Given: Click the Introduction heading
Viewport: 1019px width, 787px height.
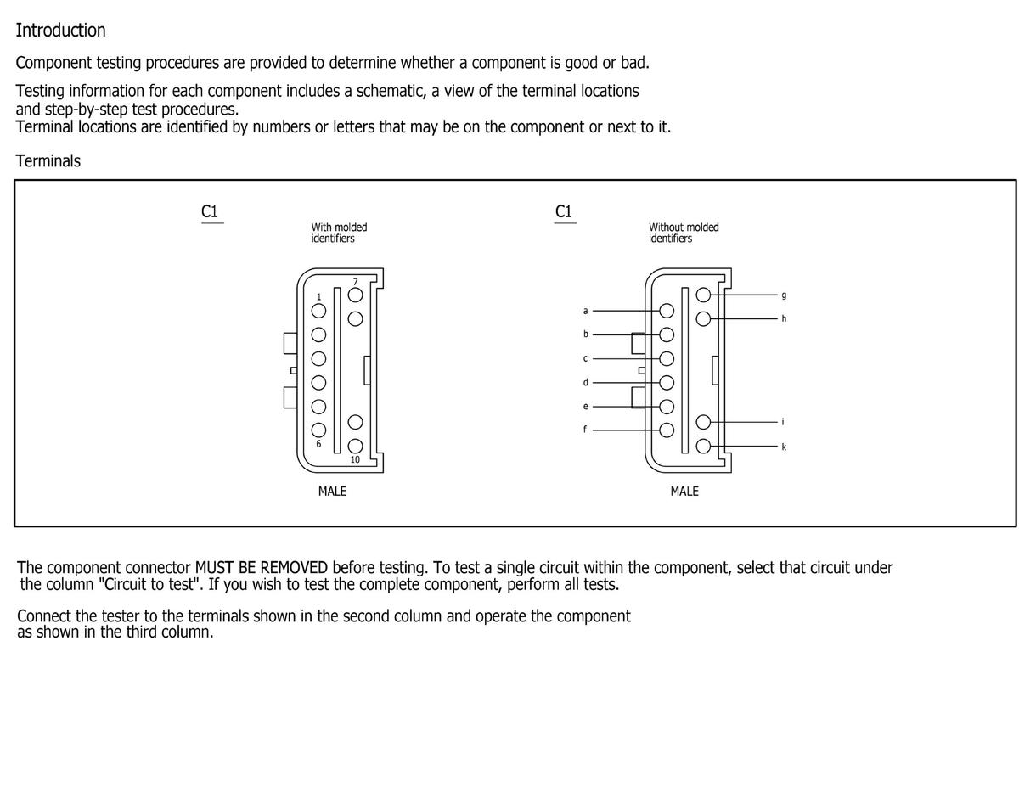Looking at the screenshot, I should tap(60, 31).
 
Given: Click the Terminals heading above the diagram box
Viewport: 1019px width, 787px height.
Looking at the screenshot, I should tap(48, 160).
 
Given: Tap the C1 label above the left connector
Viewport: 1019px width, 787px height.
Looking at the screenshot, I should tap(211, 211).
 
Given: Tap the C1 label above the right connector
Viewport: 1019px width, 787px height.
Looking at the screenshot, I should tap(564, 211).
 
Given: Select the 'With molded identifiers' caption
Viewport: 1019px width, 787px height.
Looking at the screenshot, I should tap(339, 233).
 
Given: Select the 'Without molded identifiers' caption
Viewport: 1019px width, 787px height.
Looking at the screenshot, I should tap(683, 233).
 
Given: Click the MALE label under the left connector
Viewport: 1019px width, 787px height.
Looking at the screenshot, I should tap(332, 491).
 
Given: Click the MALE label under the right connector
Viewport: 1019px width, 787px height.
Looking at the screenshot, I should tap(684, 491).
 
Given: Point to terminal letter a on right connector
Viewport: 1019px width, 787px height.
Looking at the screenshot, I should tap(584, 310).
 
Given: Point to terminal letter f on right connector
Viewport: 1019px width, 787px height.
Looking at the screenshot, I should tap(584, 430).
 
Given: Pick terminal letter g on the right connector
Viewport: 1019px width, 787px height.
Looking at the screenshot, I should tap(784, 295).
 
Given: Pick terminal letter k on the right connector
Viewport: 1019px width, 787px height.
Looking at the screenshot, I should tap(784, 447).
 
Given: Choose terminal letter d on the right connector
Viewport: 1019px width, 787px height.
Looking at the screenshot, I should tap(584, 382).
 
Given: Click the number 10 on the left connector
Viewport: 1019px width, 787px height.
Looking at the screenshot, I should tap(354, 459).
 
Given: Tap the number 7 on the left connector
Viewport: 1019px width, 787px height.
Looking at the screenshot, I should tap(356, 281).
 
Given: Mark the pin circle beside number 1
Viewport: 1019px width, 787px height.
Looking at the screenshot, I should tap(319, 311).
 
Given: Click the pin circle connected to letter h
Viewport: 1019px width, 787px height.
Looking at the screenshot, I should tap(703, 319).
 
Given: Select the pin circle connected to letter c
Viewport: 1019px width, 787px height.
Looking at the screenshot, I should tap(667, 358).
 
